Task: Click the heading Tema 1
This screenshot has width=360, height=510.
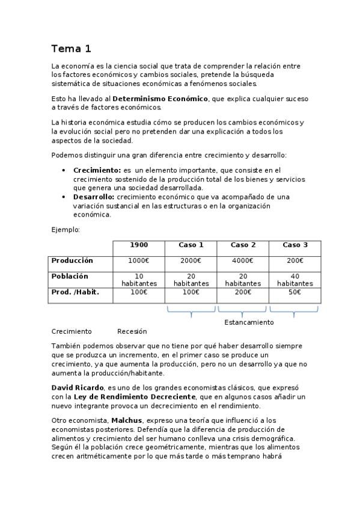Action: (71, 49)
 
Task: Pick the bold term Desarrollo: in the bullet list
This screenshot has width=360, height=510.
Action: (94, 197)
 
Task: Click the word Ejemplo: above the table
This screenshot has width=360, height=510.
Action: (66, 229)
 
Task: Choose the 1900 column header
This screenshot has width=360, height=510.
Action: (139, 245)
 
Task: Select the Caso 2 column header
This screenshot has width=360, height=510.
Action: (243, 245)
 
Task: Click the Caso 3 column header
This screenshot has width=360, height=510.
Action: (295, 245)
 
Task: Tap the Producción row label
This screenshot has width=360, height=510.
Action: (72, 261)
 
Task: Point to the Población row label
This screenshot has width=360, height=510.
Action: (70, 277)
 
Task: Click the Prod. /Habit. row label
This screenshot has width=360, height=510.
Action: (75, 292)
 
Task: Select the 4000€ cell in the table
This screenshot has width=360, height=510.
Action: (243, 261)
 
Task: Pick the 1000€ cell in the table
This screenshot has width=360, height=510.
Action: (139, 261)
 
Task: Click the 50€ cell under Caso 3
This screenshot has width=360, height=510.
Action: (295, 292)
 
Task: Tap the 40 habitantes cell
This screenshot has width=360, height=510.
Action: (295, 280)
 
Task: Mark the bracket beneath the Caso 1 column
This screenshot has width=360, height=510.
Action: (191, 312)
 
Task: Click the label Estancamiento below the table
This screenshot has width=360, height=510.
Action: (249, 322)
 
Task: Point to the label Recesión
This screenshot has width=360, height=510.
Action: (132, 331)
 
